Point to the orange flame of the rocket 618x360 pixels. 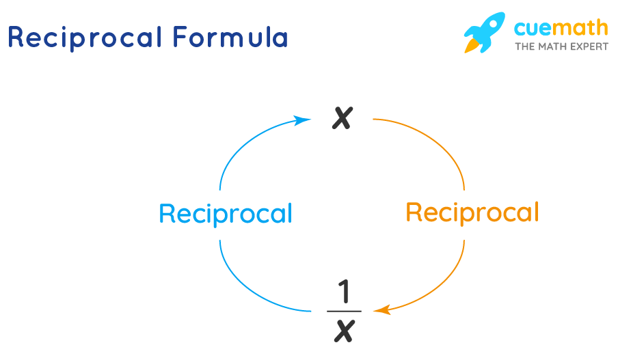click(472, 46)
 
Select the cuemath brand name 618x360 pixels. click(561, 27)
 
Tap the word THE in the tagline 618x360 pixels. click(524, 47)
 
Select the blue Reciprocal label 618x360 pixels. click(225, 214)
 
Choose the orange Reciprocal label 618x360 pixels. click(472, 212)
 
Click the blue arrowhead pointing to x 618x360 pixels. click(301, 120)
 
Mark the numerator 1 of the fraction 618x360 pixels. click(345, 292)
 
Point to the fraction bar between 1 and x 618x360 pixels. click(344, 311)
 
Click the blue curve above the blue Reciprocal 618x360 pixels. click(236, 147)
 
